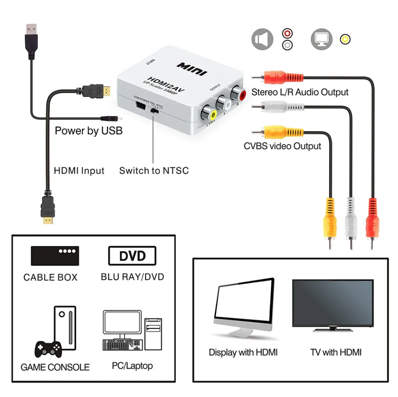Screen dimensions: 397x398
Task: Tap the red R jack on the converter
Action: tap(237, 94)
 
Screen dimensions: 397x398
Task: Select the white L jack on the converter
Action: tap(223, 103)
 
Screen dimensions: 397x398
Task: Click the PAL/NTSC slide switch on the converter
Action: tap(154, 110)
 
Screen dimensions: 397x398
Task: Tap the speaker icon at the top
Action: tap(262, 39)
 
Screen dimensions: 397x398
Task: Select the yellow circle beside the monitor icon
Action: tap(345, 40)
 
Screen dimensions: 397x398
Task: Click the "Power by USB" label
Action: tap(89, 131)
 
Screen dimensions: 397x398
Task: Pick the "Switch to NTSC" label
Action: tap(154, 170)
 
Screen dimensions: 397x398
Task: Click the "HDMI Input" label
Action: tap(79, 170)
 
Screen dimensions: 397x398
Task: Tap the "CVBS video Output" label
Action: tap(282, 146)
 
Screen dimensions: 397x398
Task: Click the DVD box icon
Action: tap(132, 256)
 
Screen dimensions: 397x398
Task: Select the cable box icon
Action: tap(55, 256)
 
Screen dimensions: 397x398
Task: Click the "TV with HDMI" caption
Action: tap(336, 352)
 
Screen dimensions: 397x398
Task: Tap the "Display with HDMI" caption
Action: tap(243, 352)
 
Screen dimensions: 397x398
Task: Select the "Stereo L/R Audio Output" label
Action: tap(300, 92)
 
